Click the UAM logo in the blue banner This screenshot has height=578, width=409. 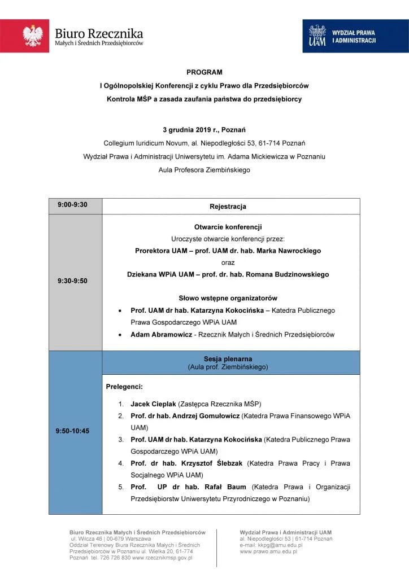(x=317, y=36)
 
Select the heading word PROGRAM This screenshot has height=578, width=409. (x=204, y=72)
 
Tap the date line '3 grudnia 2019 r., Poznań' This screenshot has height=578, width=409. (x=204, y=129)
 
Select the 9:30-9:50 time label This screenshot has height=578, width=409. (x=72, y=280)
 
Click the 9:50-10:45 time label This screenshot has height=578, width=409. (x=72, y=431)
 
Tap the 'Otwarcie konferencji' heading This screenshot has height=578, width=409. (x=228, y=227)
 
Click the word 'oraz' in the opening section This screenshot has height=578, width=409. (x=228, y=262)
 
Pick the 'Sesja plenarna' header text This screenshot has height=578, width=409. (x=228, y=358)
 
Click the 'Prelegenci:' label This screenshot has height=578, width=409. (x=124, y=387)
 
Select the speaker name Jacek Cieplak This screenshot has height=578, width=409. (x=153, y=404)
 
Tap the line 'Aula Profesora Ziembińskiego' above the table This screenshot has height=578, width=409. (x=204, y=170)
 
